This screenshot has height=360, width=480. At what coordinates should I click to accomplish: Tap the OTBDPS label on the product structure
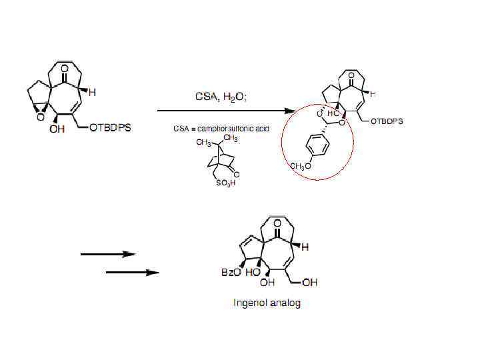(387, 121)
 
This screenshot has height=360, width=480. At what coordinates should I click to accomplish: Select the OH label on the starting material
(57, 129)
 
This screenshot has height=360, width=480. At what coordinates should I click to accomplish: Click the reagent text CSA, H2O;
(221, 97)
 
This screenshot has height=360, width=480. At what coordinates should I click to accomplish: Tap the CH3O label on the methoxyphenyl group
(300, 166)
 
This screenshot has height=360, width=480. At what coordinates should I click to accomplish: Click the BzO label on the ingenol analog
(231, 272)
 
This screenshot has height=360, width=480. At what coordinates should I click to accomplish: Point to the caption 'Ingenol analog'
(267, 303)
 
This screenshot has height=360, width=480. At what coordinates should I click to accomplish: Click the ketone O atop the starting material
(64, 68)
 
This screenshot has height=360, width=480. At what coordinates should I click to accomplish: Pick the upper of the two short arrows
(108, 254)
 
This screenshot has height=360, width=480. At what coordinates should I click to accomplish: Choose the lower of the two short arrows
(133, 272)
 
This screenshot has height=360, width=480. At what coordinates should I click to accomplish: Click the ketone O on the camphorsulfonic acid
(237, 175)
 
